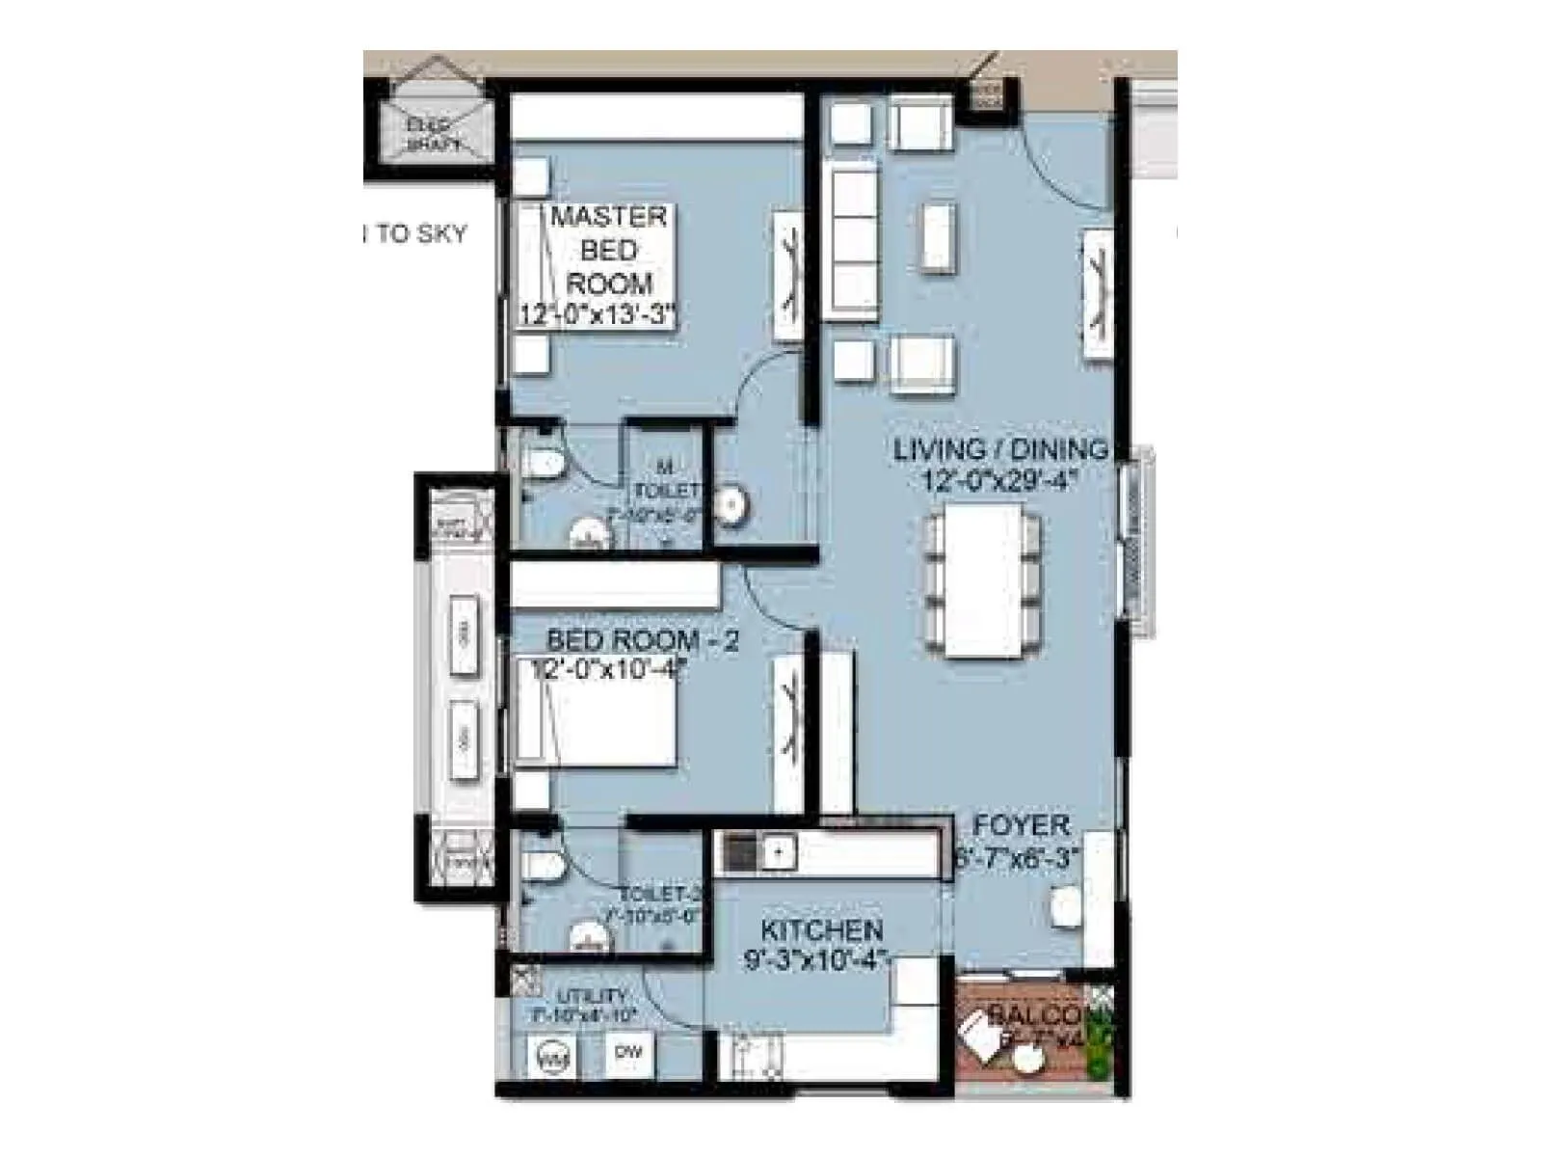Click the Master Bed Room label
tap(608, 250)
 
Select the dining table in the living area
tap(983, 581)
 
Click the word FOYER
tap(1022, 825)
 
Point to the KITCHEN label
tap(821, 930)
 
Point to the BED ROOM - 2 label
tap(642, 640)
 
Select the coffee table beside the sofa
tap(938, 237)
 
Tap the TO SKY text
tap(418, 234)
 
